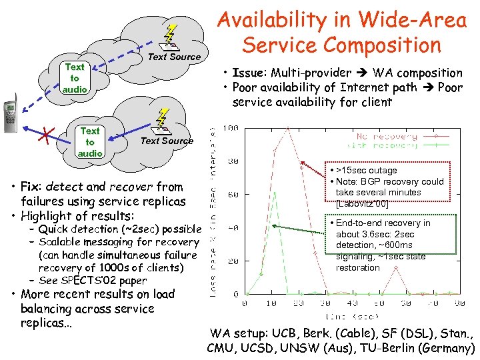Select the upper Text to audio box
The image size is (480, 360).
click(75, 77)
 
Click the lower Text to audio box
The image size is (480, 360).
click(90, 142)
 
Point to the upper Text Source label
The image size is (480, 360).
click(174, 57)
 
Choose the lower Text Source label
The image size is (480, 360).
click(167, 141)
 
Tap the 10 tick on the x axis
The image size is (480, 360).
click(273, 303)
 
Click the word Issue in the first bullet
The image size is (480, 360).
click(248, 73)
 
